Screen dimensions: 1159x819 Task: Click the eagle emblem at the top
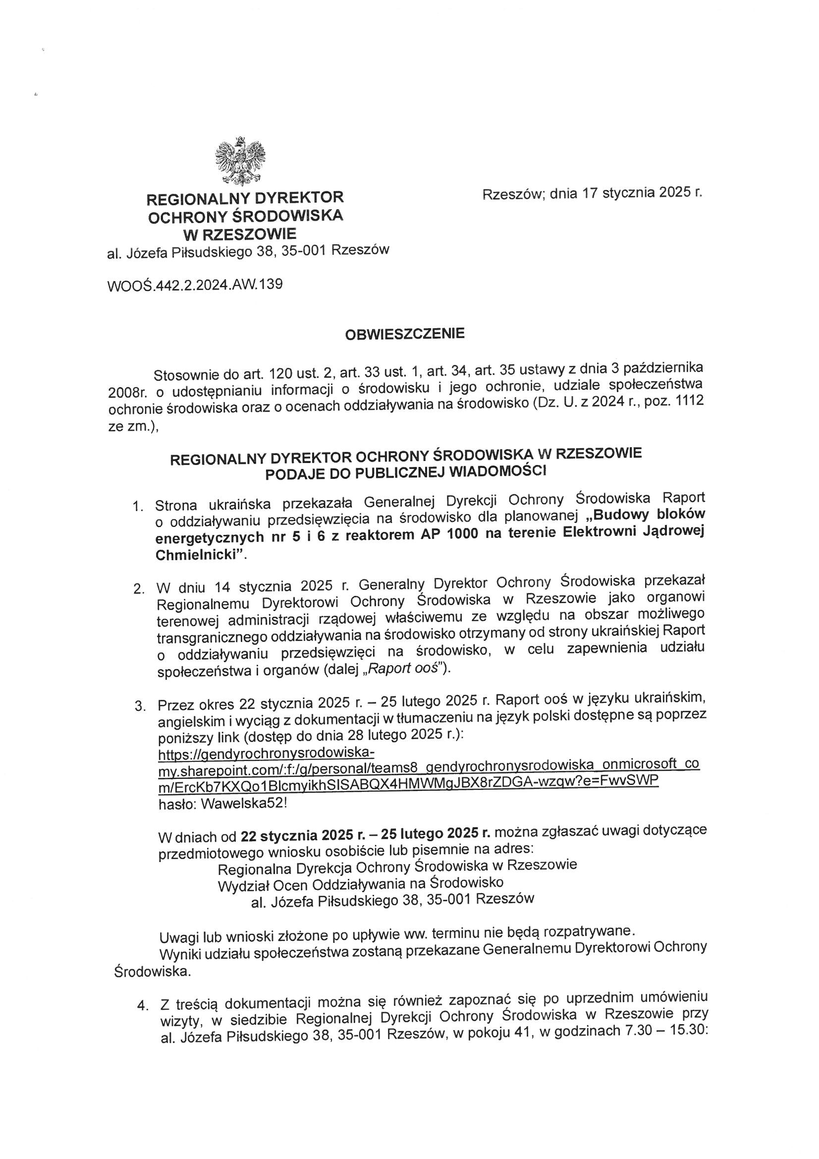pos(240,160)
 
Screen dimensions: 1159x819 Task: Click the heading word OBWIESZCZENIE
pos(404,334)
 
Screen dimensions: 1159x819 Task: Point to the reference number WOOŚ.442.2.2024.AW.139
pos(195,285)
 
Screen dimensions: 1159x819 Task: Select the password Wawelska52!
pos(244,804)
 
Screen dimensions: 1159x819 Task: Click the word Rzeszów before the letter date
pos(512,195)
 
